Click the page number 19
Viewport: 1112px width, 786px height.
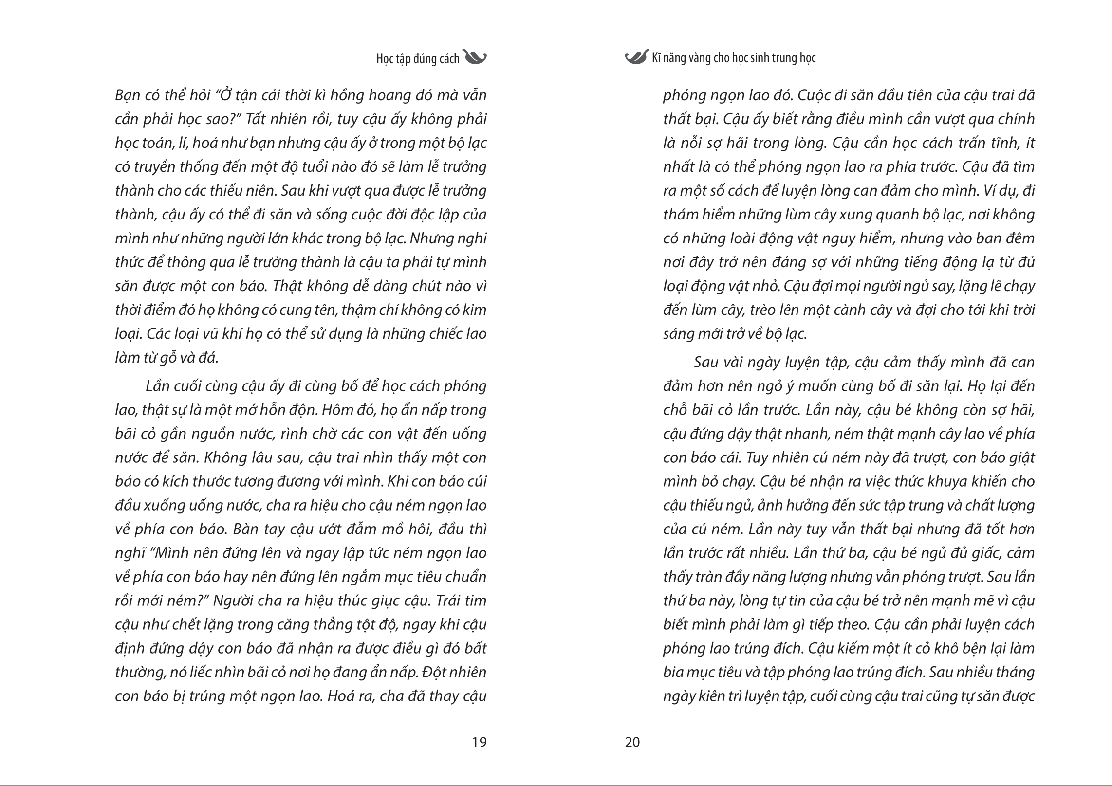pos(479,742)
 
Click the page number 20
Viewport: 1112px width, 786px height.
pos(632,742)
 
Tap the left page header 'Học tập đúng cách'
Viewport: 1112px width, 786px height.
pos(418,59)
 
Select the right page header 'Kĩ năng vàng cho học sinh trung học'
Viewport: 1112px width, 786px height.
pos(734,58)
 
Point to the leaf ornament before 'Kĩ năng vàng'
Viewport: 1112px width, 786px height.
pos(636,57)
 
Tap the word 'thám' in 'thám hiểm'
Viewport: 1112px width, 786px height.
pos(679,215)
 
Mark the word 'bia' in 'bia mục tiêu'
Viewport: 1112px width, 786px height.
pos(673,672)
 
